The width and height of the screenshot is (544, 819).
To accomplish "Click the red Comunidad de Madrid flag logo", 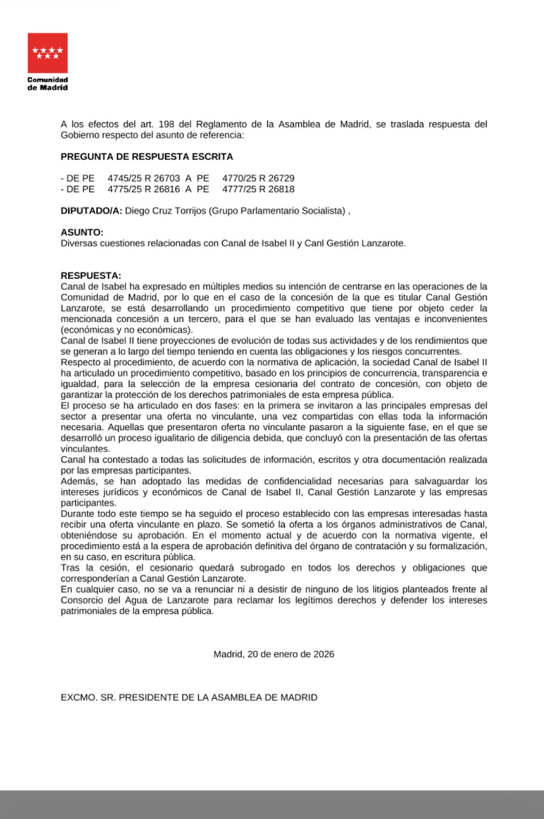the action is (48, 53).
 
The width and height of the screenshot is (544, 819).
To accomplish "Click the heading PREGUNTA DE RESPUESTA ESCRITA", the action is (147, 157).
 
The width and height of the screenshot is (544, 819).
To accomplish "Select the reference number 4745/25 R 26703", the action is (144, 178).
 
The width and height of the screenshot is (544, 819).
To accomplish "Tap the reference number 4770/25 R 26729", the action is (258, 178).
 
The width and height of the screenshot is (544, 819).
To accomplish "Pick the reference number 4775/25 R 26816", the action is (144, 189).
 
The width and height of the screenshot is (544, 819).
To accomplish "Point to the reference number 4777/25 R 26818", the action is (258, 189).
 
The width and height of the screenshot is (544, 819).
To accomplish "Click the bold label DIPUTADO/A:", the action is (91, 211).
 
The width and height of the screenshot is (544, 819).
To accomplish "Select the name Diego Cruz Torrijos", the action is (165, 211).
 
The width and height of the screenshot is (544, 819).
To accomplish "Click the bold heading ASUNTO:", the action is (82, 232).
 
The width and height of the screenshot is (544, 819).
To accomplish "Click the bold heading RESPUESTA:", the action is (91, 276).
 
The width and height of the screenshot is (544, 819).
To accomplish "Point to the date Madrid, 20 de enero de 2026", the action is (274, 654).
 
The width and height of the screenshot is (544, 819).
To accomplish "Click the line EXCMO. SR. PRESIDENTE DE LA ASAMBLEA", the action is (189, 698).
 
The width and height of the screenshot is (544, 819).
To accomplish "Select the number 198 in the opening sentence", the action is (166, 124).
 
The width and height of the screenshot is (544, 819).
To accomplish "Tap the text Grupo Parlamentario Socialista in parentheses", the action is (277, 211).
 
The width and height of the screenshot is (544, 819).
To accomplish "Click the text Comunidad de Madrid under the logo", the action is (48, 83).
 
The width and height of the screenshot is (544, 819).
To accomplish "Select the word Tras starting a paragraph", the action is (70, 568).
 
